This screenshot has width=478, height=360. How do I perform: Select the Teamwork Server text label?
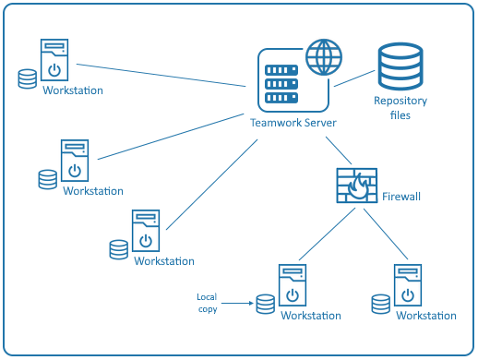click(x=293, y=123)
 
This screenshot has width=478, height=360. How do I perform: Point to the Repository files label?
click(x=399, y=109)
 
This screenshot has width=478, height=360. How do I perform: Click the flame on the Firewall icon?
click(x=361, y=192)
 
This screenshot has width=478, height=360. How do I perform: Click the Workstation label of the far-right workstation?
click(x=425, y=316)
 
